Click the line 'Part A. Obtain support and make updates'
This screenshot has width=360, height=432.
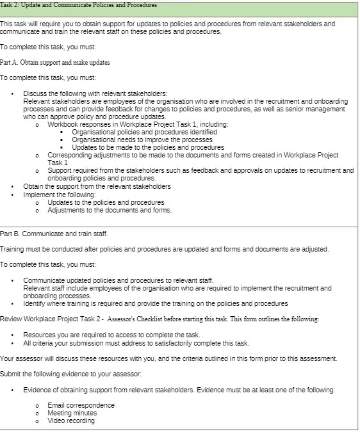(x=55, y=63)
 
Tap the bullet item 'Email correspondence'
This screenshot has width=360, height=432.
(x=81, y=405)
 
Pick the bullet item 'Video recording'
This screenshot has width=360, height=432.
(x=71, y=420)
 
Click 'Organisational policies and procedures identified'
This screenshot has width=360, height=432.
(x=144, y=132)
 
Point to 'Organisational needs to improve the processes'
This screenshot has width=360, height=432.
(x=142, y=140)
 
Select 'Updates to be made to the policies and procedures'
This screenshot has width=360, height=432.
(x=148, y=147)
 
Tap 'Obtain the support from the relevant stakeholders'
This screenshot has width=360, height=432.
(x=97, y=187)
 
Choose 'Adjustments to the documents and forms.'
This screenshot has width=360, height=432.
(x=110, y=210)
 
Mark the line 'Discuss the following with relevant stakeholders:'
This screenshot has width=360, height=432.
(x=95, y=93)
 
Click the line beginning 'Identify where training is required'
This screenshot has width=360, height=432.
(x=156, y=303)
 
